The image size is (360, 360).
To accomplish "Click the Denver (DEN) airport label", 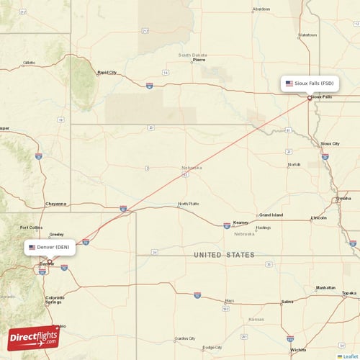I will pos(53,247).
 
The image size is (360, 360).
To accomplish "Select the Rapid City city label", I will pos(107,72).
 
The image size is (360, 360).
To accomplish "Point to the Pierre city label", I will pos(199,60).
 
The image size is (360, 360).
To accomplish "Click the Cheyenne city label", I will pos(55,204).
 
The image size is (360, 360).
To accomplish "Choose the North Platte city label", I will pos(189,204).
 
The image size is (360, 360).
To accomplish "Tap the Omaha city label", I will pos(344,198).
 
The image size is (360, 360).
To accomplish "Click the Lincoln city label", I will pos(318,217).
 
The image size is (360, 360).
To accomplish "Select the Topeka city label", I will pos(349,293).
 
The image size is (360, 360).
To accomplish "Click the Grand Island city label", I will pos(271,215).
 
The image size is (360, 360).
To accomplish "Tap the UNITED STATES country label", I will pos(224,255).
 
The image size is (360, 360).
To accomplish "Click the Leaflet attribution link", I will pos(350,356).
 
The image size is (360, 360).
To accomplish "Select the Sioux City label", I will pos(330,143).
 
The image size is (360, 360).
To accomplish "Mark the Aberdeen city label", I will pos(261,9).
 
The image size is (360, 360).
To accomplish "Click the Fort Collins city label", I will pos(31,228).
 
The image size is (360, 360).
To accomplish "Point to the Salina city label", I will pos(287,302).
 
